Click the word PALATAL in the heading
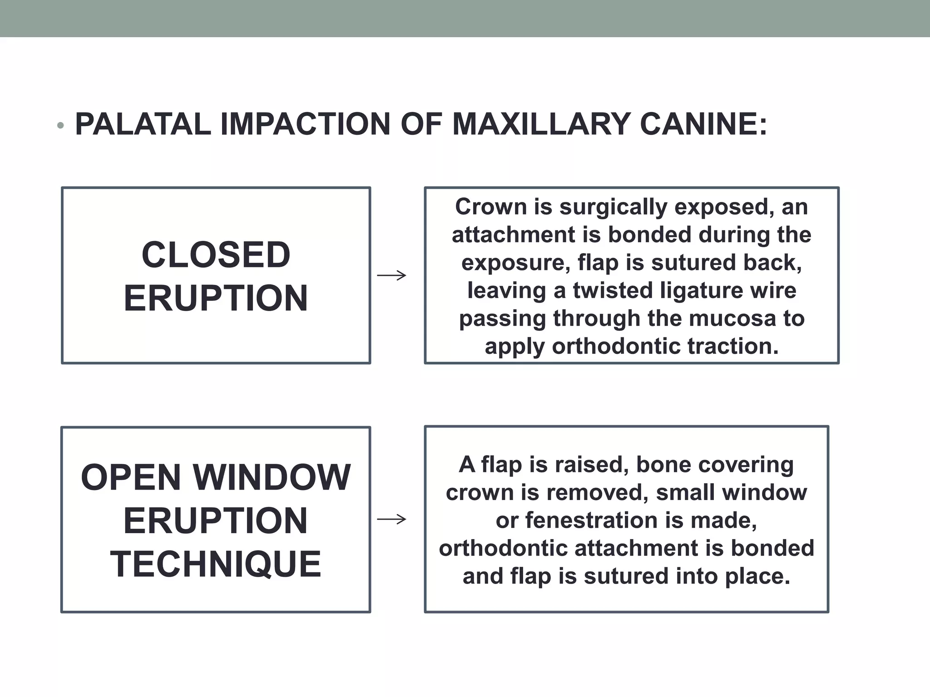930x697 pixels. pyautogui.click(x=143, y=124)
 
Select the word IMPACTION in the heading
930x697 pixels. pyautogui.click(x=305, y=124)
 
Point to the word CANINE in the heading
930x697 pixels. pyautogui.click(x=702, y=124)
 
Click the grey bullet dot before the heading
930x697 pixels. pyautogui.click(x=60, y=126)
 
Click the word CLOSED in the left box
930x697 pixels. pyautogui.click(x=216, y=255)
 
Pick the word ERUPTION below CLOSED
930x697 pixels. pyautogui.click(x=216, y=298)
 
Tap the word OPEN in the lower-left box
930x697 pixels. pyautogui.click(x=131, y=477)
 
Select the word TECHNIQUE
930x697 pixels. pyautogui.click(x=216, y=564)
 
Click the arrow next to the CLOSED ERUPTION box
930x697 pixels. pyautogui.click(x=391, y=275)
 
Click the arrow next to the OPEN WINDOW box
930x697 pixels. pyautogui.click(x=391, y=519)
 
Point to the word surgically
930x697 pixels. pyautogui.click(x=613, y=207)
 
